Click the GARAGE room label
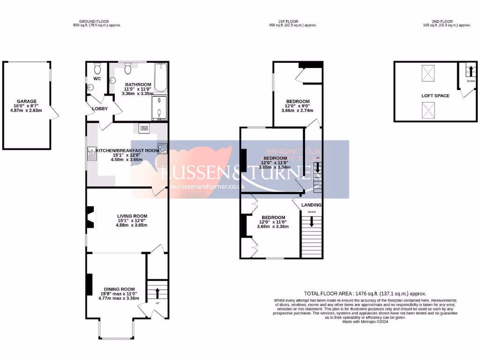pyautogui.click(x=27, y=101)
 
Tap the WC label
pyautogui.click(x=97, y=78)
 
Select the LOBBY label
pyautogui.click(x=100, y=109)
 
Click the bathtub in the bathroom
pyautogui.click(x=160, y=78)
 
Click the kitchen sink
pyautogui.click(x=91, y=152)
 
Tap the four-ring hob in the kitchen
pyautogui.click(x=163, y=148)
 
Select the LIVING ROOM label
pyautogui.click(x=131, y=216)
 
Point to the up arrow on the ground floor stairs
pyautogui.click(x=157, y=293)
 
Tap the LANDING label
pyautogui.click(x=311, y=205)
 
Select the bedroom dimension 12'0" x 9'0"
pyautogui.click(x=298, y=106)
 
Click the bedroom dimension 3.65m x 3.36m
pyautogui.click(x=273, y=226)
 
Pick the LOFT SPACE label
pyautogui.click(x=435, y=96)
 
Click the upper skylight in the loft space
pyautogui.click(x=427, y=74)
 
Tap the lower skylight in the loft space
pyautogui.click(x=427, y=111)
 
